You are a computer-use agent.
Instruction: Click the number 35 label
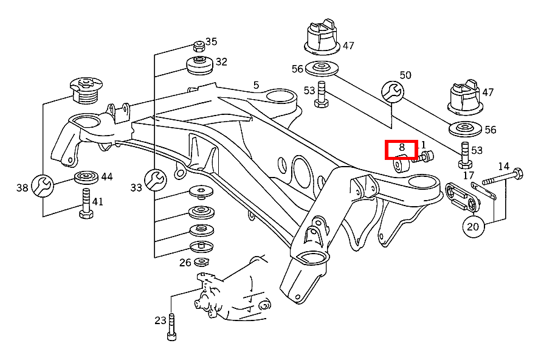(211, 42)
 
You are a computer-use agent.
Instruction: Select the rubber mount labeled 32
(199, 64)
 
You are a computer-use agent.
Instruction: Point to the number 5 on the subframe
(256, 85)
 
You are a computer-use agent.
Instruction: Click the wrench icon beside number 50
(391, 91)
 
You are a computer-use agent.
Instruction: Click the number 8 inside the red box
(402, 147)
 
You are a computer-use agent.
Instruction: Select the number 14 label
(504, 166)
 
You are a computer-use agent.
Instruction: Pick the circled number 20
(473, 227)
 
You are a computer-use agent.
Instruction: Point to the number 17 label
(468, 176)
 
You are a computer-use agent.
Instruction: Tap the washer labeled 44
(86, 179)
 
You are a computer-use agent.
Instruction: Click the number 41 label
(97, 201)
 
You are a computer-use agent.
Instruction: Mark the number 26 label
(185, 262)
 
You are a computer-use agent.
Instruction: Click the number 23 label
(160, 320)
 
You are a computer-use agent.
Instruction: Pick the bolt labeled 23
(172, 328)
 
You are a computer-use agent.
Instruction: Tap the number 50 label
(405, 75)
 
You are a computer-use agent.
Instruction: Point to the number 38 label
(22, 188)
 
